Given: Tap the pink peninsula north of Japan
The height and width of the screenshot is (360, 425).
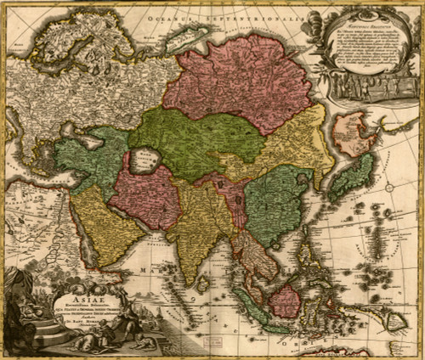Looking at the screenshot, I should (350, 136).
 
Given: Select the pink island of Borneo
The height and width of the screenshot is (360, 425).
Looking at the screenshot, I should (284, 300).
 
